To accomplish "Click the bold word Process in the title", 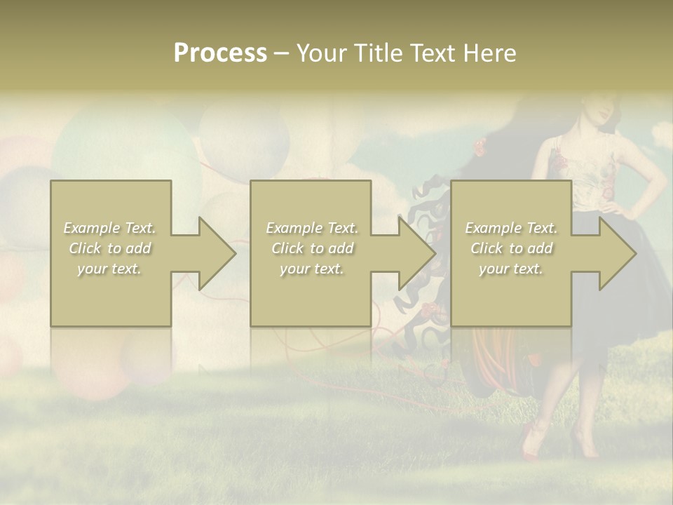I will (x=220, y=53).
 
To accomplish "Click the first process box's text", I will (x=110, y=248).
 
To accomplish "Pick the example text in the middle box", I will (x=312, y=248).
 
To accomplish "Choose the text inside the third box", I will (x=511, y=248).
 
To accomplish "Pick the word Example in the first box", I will (x=92, y=228).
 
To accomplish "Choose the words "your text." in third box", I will (x=511, y=269).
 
